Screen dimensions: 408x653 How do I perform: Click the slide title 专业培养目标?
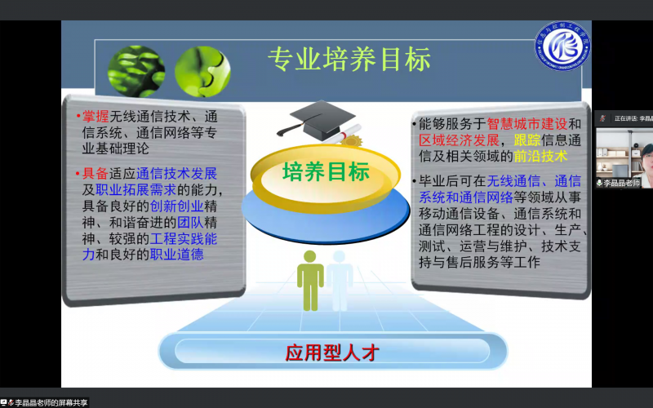click(x=349, y=60)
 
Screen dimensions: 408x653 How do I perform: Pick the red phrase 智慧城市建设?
click(x=526, y=124)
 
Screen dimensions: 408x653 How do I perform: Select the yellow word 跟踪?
click(x=527, y=140)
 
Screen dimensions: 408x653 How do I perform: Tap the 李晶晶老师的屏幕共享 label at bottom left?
click(x=51, y=402)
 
